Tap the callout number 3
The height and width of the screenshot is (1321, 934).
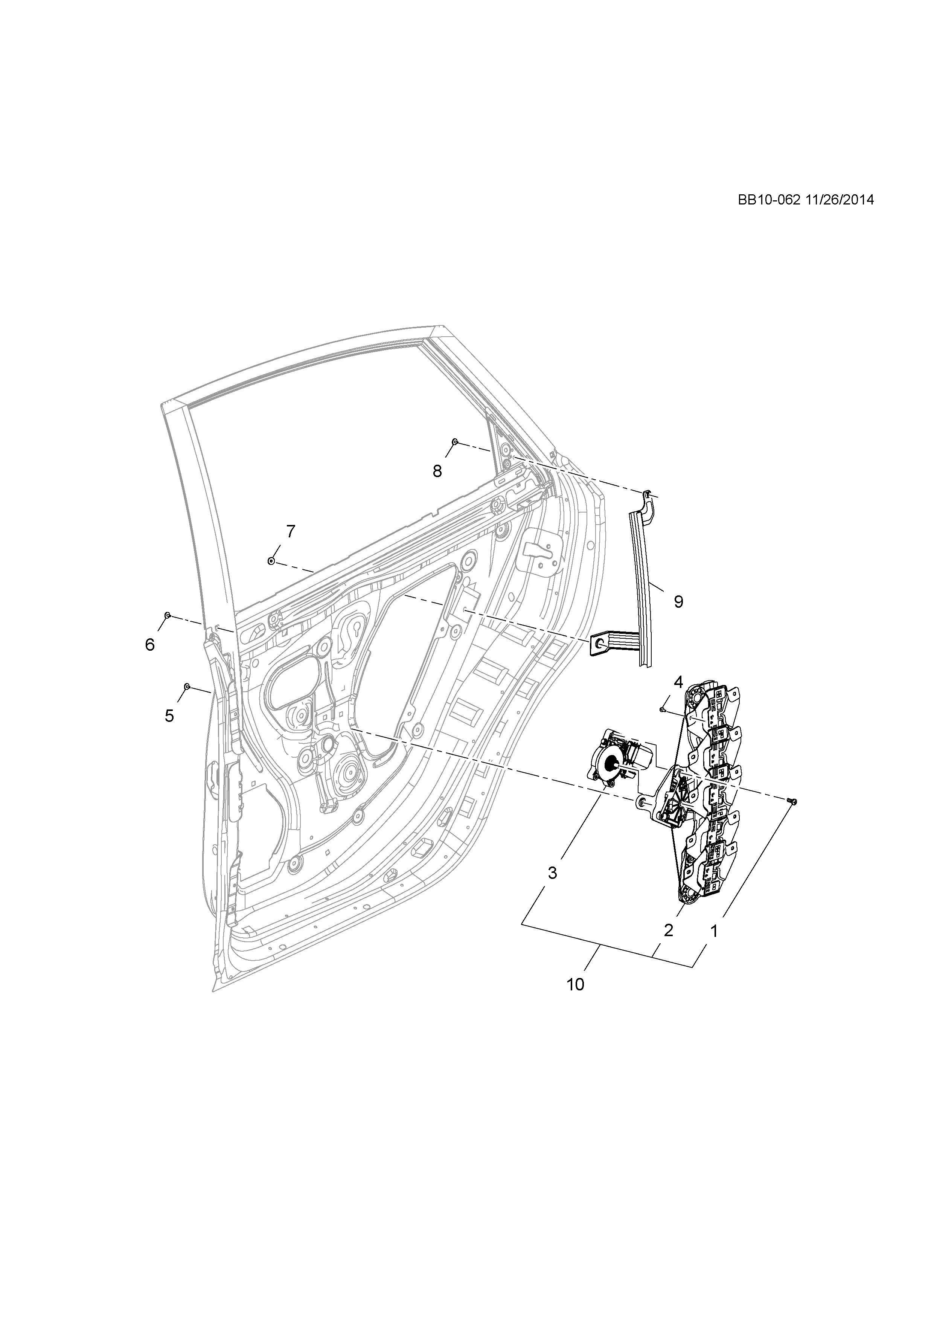pyautogui.click(x=552, y=873)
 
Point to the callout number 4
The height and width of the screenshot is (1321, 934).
pyautogui.click(x=678, y=682)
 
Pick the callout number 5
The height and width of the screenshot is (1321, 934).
pyautogui.click(x=169, y=716)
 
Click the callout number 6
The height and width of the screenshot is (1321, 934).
pyautogui.click(x=150, y=645)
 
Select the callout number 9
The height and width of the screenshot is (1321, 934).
pyautogui.click(x=679, y=602)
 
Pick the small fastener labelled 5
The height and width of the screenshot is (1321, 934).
pyautogui.click(x=187, y=686)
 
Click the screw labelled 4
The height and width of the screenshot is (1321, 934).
pyautogui.click(x=663, y=711)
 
